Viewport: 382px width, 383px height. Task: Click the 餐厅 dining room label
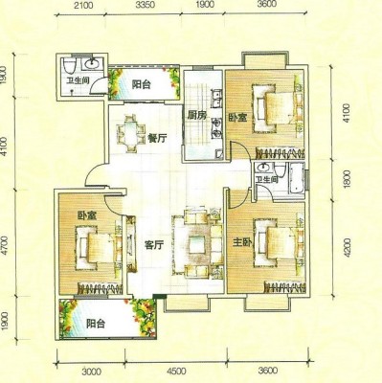point(157,139)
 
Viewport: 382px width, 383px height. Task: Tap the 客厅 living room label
point(154,245)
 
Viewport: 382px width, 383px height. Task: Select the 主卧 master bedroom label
point(242,242)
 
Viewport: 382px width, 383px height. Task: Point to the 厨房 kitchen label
point(196,116)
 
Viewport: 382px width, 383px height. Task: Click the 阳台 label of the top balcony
point(142,84)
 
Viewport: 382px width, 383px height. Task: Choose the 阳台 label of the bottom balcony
point(96,324)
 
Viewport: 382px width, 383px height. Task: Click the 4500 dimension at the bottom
point(176,372)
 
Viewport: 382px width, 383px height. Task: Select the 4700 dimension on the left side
point(4,246)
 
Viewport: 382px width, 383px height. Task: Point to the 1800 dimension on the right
point(348,179)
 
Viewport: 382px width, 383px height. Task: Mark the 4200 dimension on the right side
point(348,247)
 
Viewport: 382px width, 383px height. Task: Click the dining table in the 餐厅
point(130,133)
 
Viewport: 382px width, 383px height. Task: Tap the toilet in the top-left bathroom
point(69,65)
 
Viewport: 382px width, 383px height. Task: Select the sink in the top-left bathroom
point(93,64)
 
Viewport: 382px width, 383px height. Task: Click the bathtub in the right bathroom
point(296,178)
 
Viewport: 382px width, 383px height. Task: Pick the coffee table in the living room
point(196,245)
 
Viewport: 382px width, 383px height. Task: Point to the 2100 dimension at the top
point(84,5)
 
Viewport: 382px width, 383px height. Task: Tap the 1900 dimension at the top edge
point(203,5)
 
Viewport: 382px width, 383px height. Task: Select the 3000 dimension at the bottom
point(92,372)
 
